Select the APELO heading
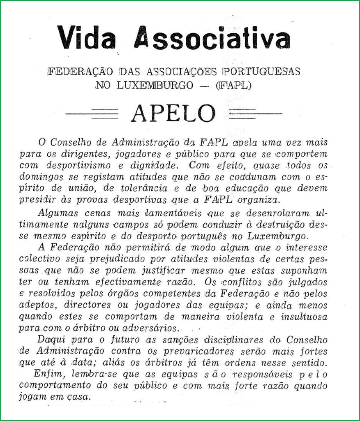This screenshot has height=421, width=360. pos(173,113)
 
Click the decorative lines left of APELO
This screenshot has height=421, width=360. pos(92,113)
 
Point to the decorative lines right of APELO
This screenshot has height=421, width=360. pos(255,113)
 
